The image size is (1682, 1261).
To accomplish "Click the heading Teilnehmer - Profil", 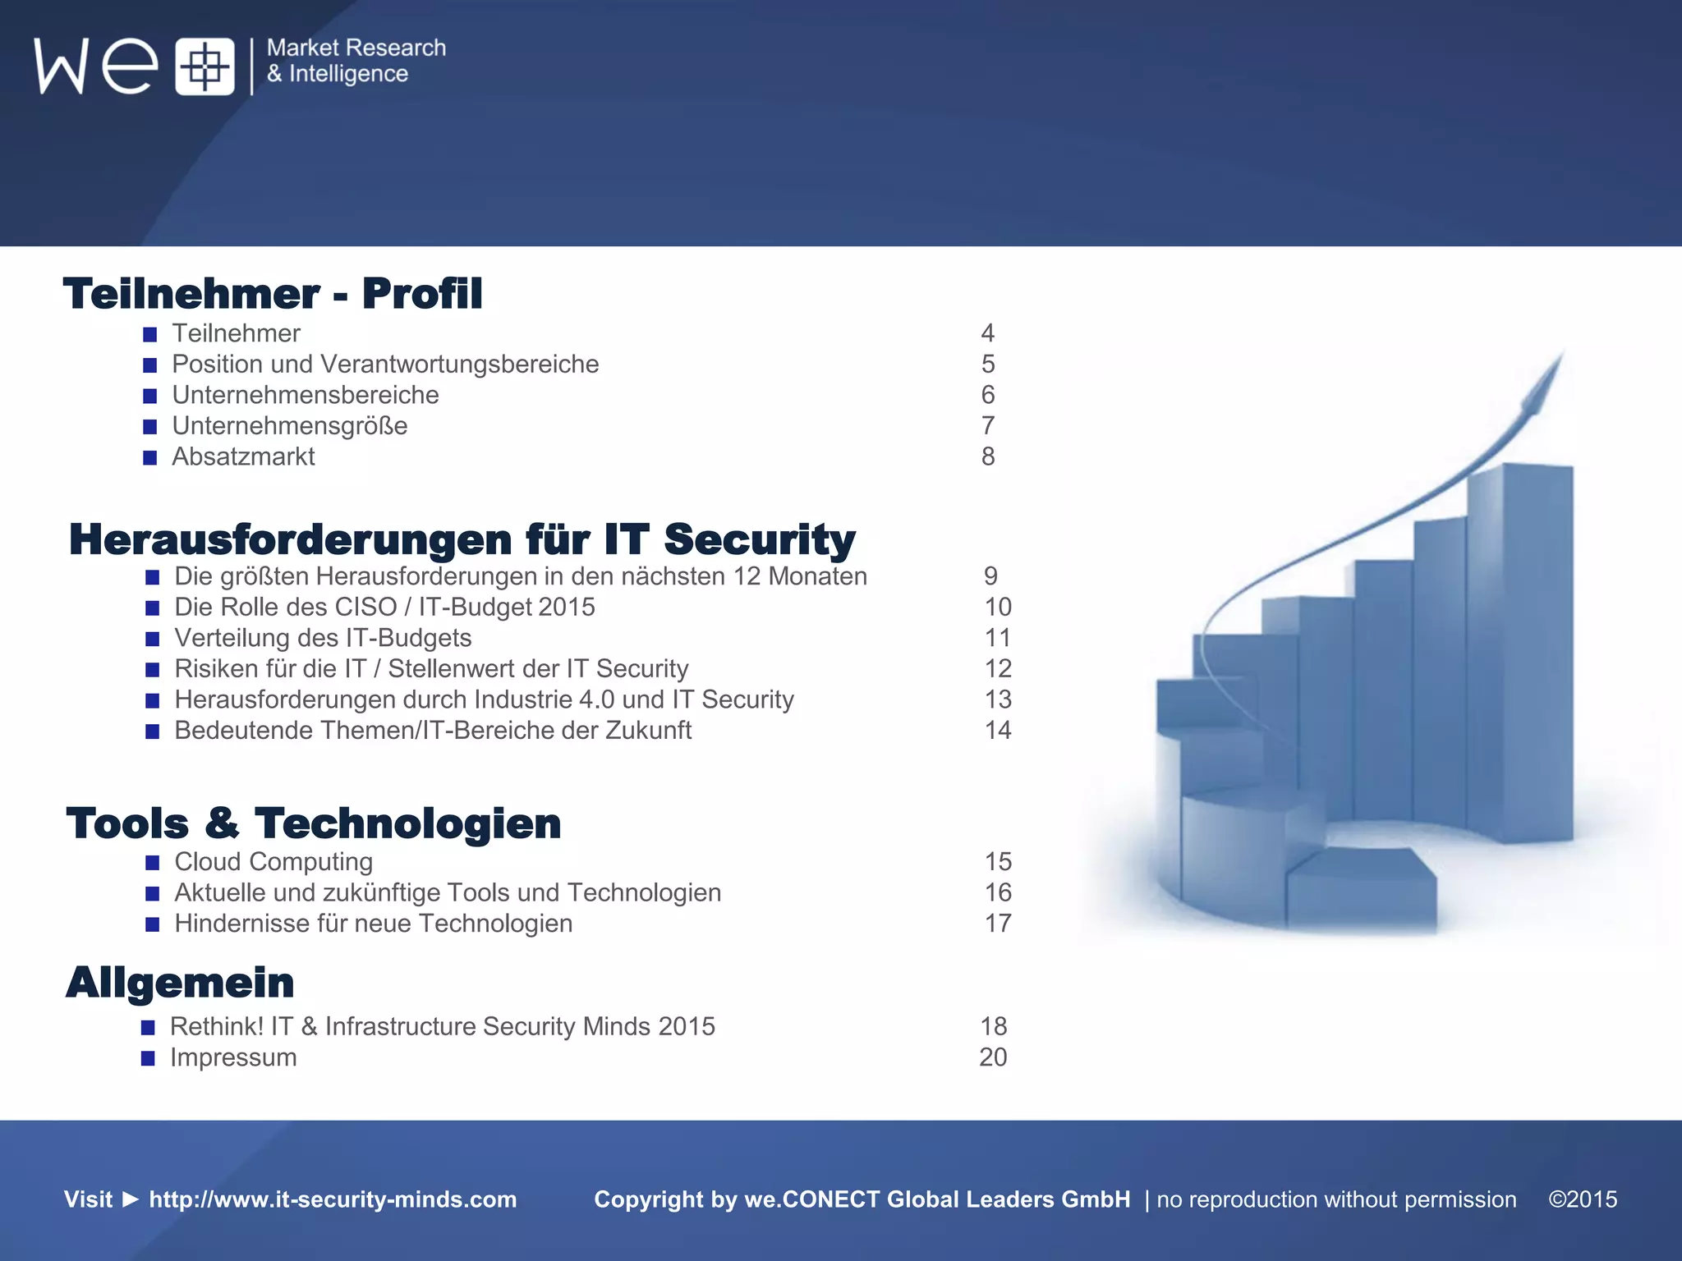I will tap(273, 294).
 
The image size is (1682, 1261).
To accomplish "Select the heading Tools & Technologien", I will tap(314, 823).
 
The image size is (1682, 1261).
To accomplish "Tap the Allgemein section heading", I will tap(180, 983).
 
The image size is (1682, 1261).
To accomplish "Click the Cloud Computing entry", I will tap(273, 862).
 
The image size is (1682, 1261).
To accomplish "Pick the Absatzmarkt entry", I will tap(243, 456).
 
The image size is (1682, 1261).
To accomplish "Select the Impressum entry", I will tap(233, 1057).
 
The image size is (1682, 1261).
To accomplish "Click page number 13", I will tap(998, 699).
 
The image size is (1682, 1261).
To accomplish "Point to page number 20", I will tap(993, 1057).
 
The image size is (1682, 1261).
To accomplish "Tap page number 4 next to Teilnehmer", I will tap(988, 333).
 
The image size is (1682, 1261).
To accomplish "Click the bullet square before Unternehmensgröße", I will tap(150, 427).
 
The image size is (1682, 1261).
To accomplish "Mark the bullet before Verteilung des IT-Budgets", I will tap(153, 639).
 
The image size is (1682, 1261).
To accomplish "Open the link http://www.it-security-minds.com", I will tap(333, 1199).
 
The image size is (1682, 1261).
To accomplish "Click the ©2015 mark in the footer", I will tap(1583, 1199).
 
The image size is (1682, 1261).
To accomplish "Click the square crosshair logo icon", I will tap(205, 66).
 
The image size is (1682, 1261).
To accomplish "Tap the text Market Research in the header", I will tap(356, 48).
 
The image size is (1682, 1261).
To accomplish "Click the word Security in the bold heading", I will tap(760, 539).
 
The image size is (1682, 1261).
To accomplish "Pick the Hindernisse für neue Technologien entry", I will tap(374, 924).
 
